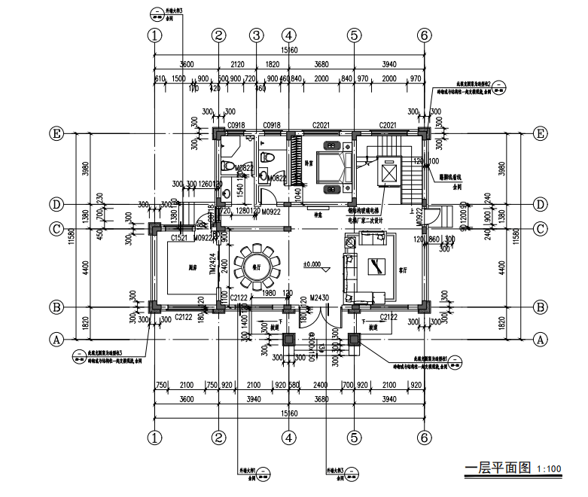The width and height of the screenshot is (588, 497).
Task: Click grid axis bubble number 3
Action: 256,35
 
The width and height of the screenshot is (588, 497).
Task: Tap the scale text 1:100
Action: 550,469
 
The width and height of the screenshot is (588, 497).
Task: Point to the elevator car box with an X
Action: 388,172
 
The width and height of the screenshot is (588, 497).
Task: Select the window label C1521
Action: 179,238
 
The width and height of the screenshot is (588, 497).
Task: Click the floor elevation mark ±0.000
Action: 312,264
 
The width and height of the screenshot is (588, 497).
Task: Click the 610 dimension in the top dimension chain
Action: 159,78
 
